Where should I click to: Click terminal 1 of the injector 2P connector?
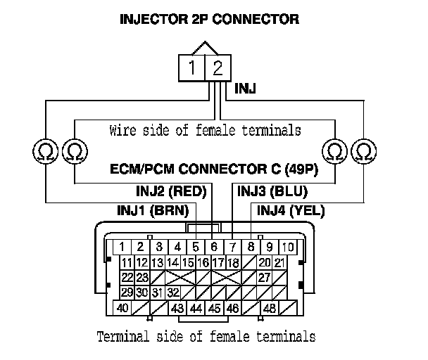192,68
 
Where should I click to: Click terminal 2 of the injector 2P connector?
218,68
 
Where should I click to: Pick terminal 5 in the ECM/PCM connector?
196,247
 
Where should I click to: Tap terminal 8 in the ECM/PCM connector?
251,247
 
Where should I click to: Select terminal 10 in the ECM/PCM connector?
288,247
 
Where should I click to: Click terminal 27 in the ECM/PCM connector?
265,277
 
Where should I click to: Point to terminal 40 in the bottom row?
122,308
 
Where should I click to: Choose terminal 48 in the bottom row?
268,308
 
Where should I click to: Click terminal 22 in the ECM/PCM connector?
127,277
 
